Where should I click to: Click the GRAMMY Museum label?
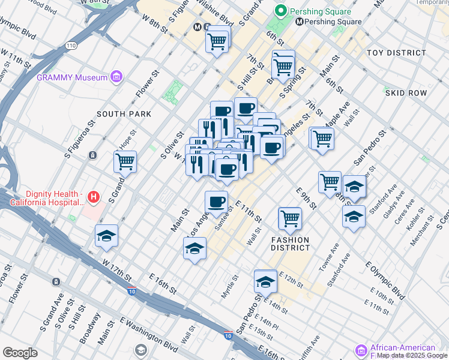click(x=72, y=77)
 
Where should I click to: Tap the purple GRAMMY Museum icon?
click(x=116, y=77)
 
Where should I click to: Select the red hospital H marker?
click(x=93, y=196)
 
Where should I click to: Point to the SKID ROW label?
click(x=406, y=93)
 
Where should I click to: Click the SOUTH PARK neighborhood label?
click(x=124, y=114)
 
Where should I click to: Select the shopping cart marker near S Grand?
click(x=125, y=161)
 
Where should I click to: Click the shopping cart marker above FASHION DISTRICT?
click(x=290, y=218)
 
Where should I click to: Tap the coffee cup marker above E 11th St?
click(x=216, y=202)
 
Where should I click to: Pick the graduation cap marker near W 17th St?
click(x=106, y=236)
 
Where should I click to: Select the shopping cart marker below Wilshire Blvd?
click(x=217, y=42)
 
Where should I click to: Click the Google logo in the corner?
click(x=20, y=353)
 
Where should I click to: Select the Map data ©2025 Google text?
click(x=412, y=356)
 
